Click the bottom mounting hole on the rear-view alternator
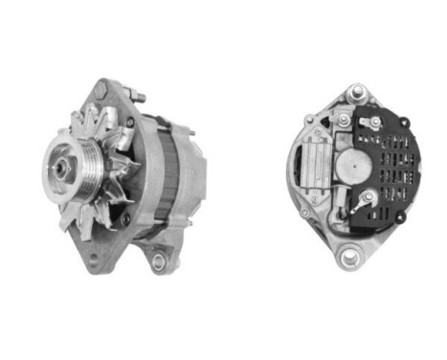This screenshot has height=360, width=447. (x=350, y=256)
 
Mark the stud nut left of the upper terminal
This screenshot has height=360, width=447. (x=344, y=122)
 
